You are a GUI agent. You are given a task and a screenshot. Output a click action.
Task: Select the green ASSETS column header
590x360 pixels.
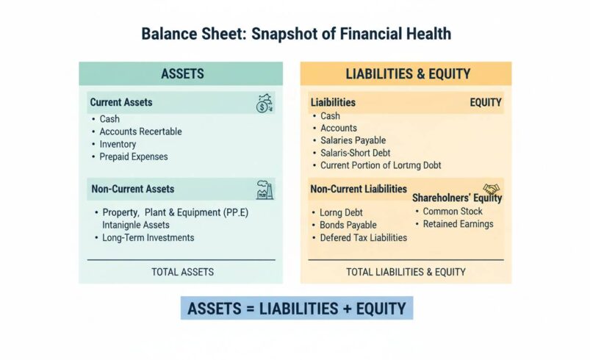(x=181, y=74)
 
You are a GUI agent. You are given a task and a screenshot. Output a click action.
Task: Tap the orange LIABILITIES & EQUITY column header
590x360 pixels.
(x=407, y=74)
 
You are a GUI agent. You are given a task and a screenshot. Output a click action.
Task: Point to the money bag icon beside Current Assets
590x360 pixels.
(x=264, y=104)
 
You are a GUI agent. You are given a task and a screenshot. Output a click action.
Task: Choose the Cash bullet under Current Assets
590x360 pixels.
(x=109, y=119)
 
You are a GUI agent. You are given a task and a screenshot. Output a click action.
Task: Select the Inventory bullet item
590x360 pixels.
(x=118, y=144)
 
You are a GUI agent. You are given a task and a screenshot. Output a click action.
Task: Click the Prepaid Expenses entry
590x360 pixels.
(x=133, y=156)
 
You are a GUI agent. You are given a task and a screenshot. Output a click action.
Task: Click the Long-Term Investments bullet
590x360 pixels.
(x=147, y=238)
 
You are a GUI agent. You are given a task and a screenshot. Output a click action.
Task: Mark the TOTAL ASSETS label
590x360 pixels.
(x=182, y=272)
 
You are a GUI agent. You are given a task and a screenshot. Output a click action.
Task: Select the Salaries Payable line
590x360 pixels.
(x=353, y=140)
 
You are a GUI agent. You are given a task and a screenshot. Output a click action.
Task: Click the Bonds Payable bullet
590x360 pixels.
(x=348, y=225)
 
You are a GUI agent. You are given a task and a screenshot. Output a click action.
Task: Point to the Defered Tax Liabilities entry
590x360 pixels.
(x=363, y=237)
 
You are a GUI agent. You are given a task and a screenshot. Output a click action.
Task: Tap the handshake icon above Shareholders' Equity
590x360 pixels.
(x=491, y=189)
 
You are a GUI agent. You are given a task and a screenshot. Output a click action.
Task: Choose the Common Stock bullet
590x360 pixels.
(x=453, y=212)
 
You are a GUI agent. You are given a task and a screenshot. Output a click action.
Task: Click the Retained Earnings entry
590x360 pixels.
(x=458, y=224)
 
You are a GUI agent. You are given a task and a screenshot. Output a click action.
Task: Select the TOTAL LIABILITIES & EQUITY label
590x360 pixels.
(x=406, y=272)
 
